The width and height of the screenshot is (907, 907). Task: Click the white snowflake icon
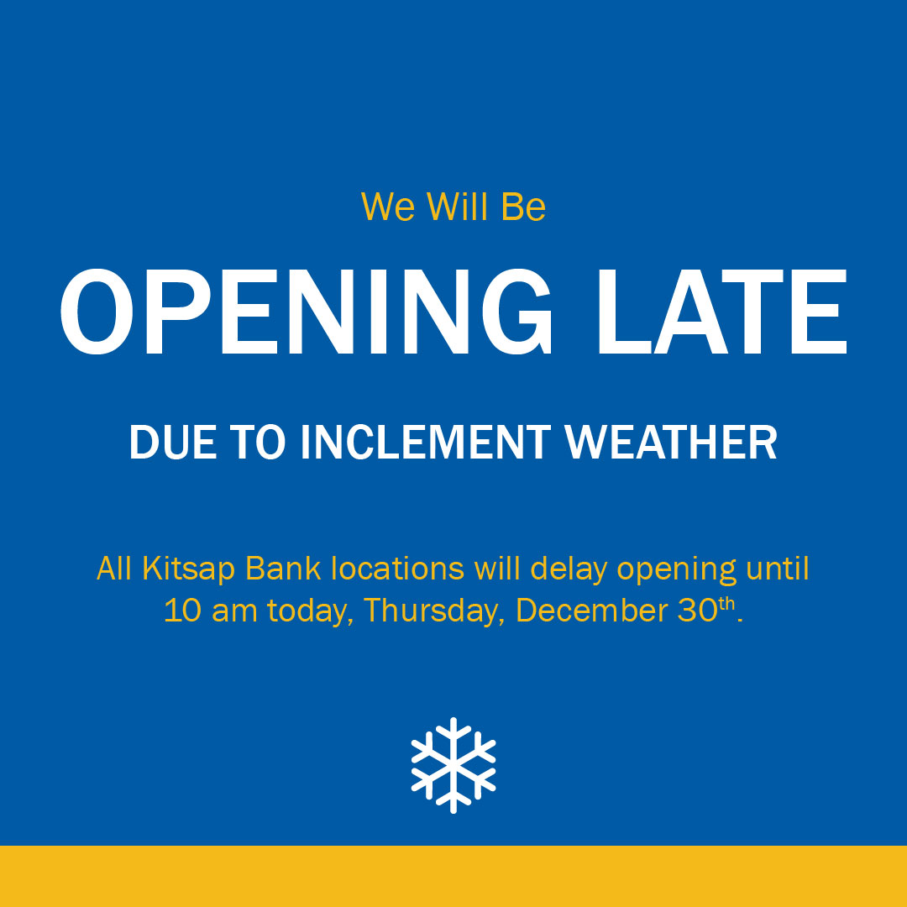pos(453,764)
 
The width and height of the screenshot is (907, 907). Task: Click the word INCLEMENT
pos(429,443)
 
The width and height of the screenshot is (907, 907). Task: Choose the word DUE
pos(166,443)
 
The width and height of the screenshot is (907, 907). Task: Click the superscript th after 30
pos(726,604)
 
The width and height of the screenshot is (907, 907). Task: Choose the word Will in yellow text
pos(459,207)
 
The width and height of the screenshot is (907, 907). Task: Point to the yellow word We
pos(388,207)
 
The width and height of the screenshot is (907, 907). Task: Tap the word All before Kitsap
pos(114,569)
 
